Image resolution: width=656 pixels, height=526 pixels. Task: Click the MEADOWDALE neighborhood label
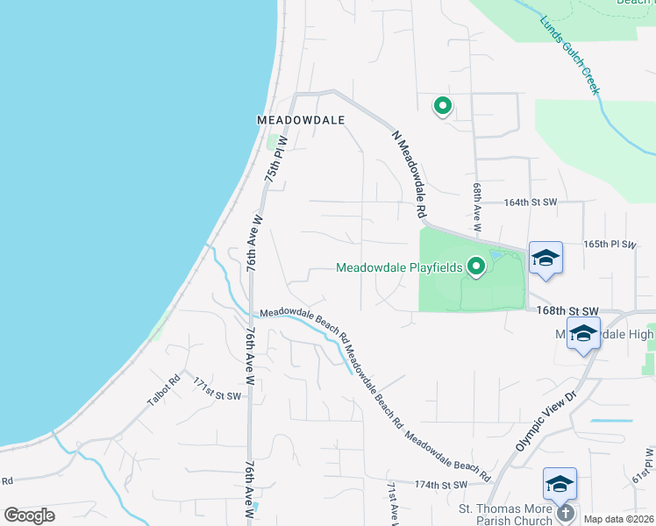point(300,119)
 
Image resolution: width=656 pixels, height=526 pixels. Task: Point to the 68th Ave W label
point(477,207)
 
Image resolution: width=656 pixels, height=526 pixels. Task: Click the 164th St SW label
point(531,203)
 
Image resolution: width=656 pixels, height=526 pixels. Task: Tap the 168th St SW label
point(562,311)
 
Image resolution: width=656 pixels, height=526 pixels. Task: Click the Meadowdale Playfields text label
point(399,267)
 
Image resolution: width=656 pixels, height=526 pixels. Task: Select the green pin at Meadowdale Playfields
point(476,266)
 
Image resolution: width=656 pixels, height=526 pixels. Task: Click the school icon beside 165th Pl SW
point(545,258)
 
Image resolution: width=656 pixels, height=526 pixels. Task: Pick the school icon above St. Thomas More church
point(560,483)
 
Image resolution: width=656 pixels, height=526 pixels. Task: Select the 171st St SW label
point(217,396)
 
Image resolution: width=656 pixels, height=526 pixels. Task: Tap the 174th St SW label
point(439,484)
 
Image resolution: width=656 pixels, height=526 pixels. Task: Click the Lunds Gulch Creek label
point(570,54)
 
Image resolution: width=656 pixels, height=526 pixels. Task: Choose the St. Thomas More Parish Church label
point(506,514)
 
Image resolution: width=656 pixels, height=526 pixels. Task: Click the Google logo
point(30,515)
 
